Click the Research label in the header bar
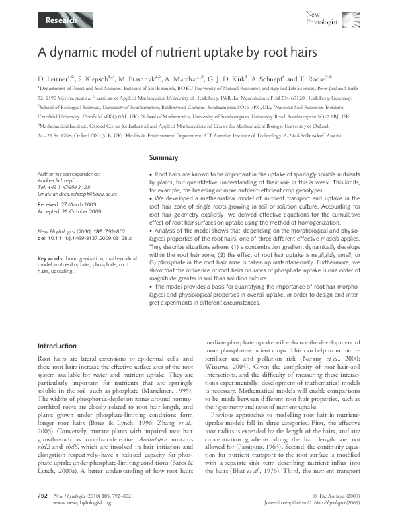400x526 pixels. click(59, 21)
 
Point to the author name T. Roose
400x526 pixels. click(317, 78)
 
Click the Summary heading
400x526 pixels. click(163, 158)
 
